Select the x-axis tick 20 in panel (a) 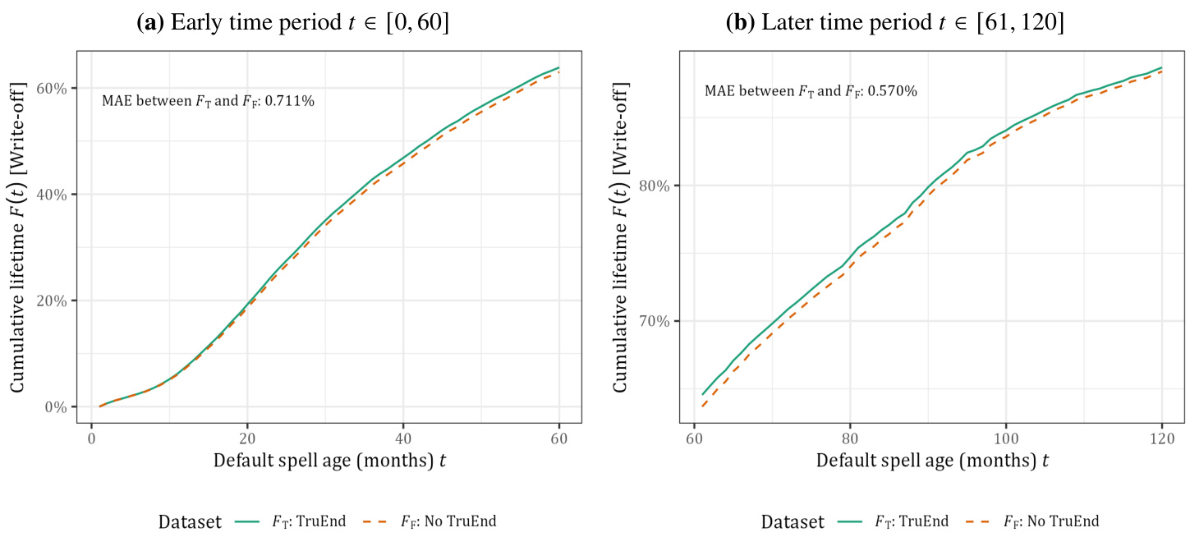[247, 436]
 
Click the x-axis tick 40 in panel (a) [402, 436]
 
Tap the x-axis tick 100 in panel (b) [1006, 436]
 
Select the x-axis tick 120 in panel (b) [1162, 436]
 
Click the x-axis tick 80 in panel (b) [850, 436]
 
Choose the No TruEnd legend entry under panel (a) [448, 521]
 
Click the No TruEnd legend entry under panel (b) [1050, 521]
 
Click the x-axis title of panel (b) [932, 460]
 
